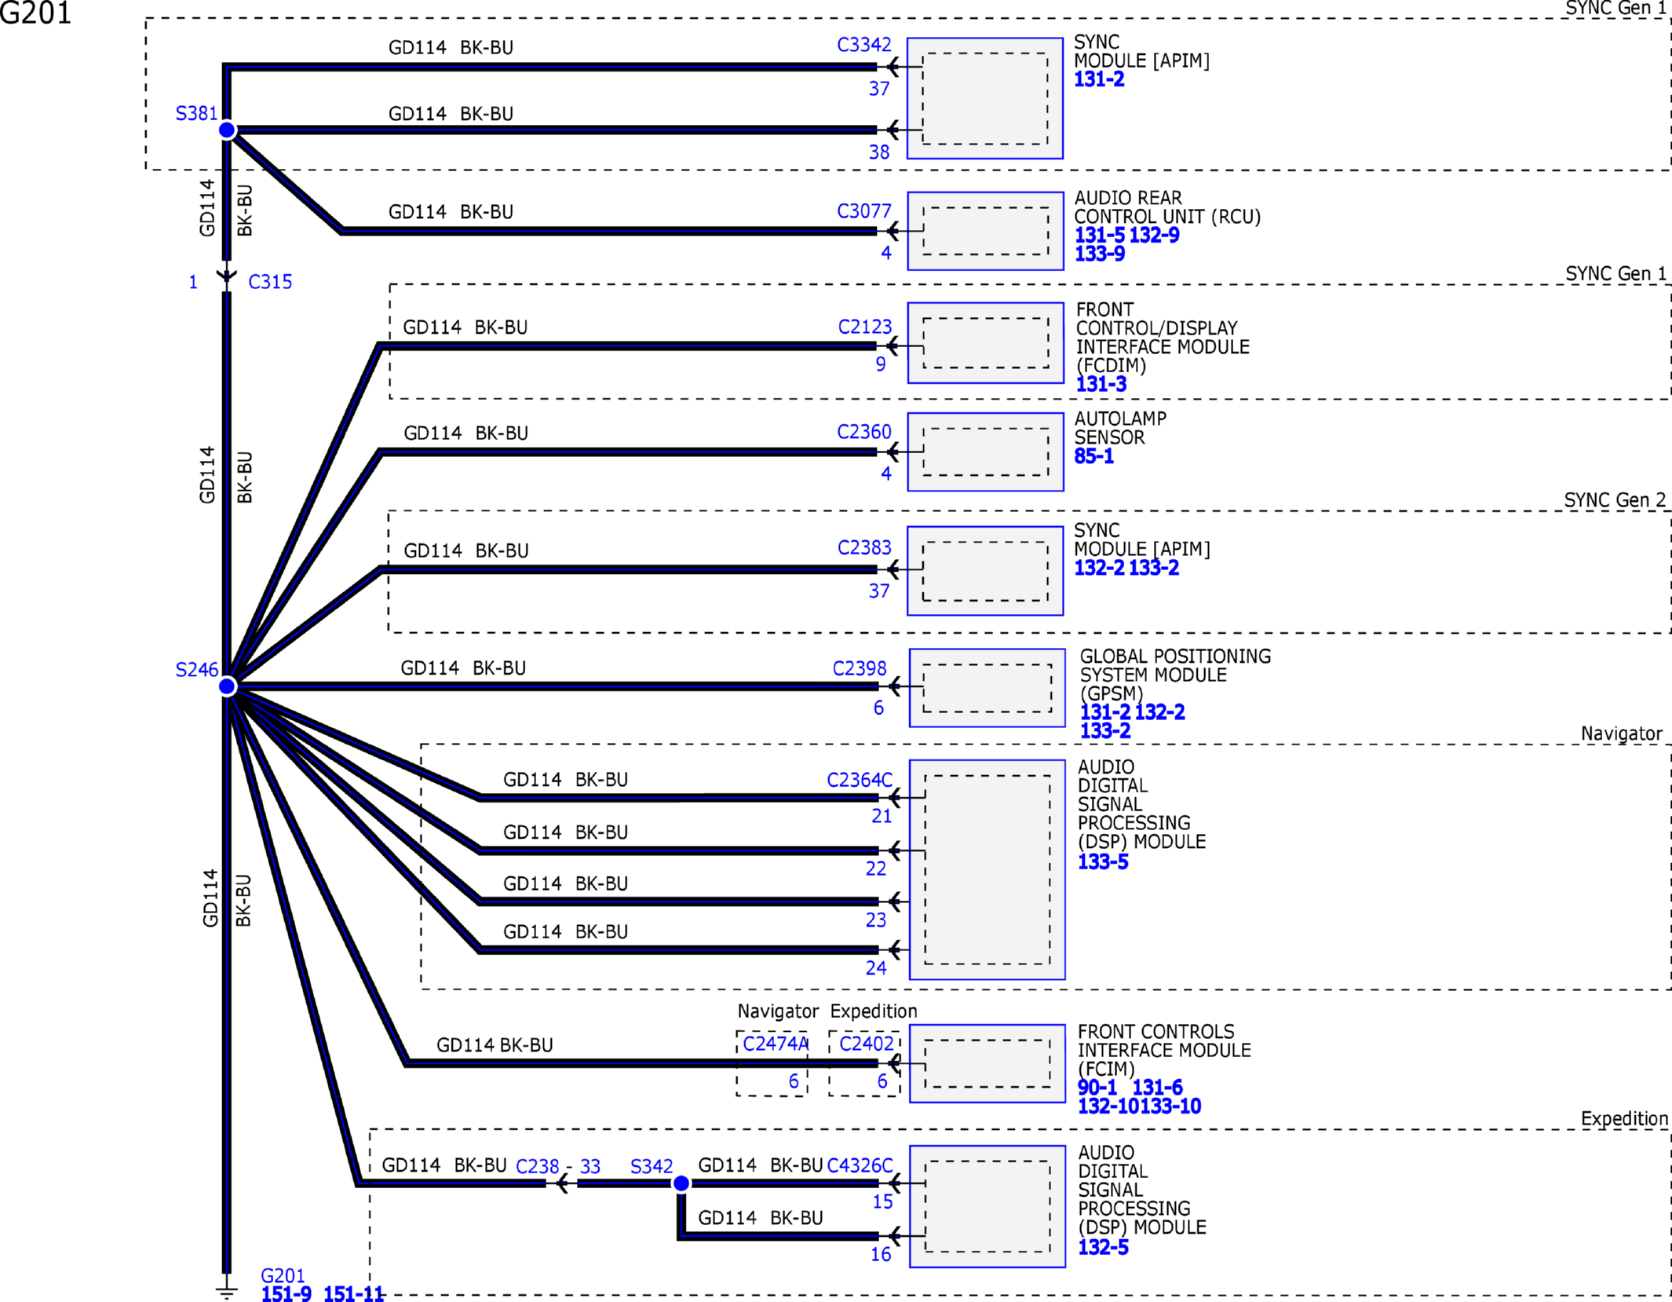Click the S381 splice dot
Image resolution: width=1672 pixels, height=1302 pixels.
227,130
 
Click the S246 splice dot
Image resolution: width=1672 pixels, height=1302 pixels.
227,687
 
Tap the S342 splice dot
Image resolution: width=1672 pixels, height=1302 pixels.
681,1183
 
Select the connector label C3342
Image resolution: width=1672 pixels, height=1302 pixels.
864,45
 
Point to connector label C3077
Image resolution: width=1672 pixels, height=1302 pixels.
864,211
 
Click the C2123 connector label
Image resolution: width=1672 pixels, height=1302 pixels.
865,327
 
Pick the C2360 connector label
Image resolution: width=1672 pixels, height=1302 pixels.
864,432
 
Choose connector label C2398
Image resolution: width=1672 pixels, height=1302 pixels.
860,668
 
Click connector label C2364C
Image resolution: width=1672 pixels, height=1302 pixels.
860,780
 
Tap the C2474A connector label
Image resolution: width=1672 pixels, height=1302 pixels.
776,1044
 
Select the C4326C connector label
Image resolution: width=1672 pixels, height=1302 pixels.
860,1165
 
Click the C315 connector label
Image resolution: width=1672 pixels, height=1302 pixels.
270,282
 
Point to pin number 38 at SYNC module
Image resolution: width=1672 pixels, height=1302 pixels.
879,152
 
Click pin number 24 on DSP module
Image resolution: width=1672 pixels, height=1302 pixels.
876,968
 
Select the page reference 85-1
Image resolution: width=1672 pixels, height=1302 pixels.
1094,456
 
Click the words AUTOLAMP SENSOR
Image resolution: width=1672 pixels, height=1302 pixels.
1120,428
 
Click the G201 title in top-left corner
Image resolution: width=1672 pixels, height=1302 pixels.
36,13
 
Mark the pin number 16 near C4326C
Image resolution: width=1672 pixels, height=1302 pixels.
881,1255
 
